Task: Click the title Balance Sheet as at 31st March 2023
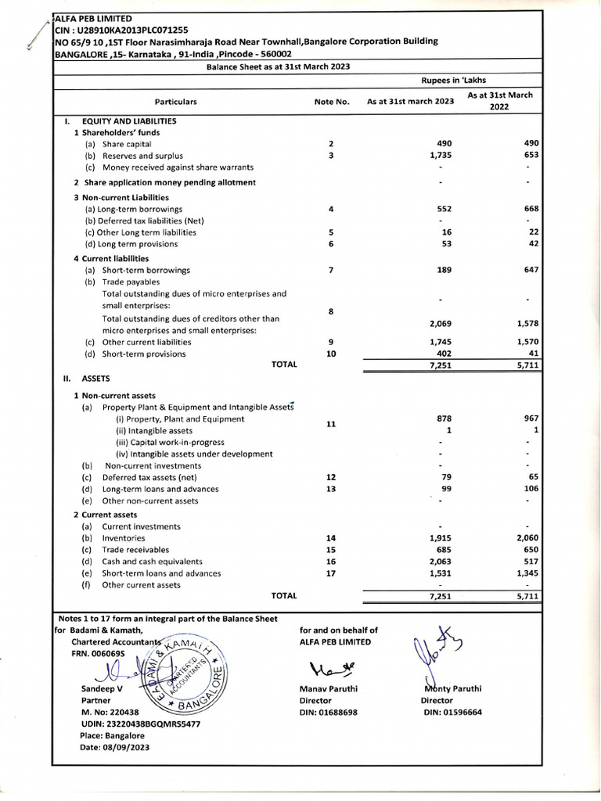278,67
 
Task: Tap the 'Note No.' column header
331,102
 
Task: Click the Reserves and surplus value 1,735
441,156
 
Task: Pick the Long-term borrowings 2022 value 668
531,209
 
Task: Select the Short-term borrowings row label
146,270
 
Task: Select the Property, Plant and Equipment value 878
444,418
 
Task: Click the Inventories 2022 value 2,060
528,538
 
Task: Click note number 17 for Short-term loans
331,573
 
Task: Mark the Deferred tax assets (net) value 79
447,476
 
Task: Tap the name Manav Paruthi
329,689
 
